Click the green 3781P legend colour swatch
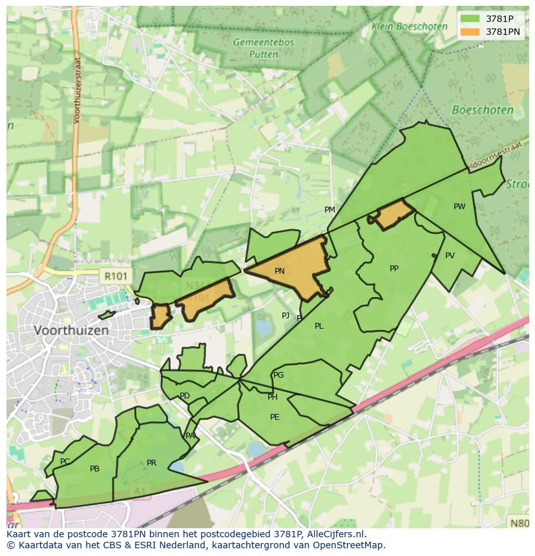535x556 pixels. click(470, 19)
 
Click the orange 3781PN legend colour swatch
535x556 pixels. click(470, 32)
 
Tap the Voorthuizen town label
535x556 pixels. click(71, 330)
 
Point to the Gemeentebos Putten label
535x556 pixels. click(264, 48)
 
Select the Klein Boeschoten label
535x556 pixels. click(409, 26)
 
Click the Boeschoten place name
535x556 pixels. click(483, 110)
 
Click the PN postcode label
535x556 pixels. click(279, 271)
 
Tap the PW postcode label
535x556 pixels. click(459, 207)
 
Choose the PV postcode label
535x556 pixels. click(450, 256)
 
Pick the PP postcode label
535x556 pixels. click(394, 269)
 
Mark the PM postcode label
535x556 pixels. click(330, 210)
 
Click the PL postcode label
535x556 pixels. click(319, 326)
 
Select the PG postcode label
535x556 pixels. click(278, 375)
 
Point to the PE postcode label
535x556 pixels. click(275, 417)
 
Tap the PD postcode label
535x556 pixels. click(185, 396)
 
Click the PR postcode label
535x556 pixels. click(151, 463)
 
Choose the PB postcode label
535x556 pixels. click(94, 469)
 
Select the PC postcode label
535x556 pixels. click(65, 462)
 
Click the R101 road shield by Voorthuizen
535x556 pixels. click(116, 276)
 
